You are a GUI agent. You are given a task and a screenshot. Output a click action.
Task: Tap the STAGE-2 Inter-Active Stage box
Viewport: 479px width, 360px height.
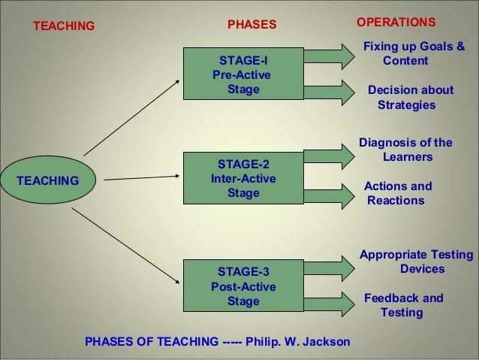(x=243, y=179)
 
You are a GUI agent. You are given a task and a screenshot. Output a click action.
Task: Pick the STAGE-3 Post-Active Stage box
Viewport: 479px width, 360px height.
(x=243, y=286)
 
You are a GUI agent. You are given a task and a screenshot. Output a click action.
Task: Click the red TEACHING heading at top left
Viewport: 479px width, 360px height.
(x=64, y=26)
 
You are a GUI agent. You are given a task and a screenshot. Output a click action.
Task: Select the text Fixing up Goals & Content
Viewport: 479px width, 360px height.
(x=413, y=54)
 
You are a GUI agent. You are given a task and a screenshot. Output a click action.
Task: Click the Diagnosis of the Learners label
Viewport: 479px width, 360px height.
(x=406, y=150)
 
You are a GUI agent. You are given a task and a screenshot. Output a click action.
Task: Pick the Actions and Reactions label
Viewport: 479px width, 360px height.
(x=397, y=193)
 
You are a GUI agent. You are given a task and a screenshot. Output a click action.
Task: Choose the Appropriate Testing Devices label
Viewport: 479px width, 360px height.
(x=417, y=262)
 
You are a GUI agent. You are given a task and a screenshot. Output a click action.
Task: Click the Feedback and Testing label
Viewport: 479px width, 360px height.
(x=403, y=305)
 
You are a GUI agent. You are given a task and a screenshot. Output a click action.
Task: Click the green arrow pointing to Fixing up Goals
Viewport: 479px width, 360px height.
(x=328, y=55)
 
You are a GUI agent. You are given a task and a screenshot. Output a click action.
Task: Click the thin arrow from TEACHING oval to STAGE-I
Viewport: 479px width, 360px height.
(x=131, y=116)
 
